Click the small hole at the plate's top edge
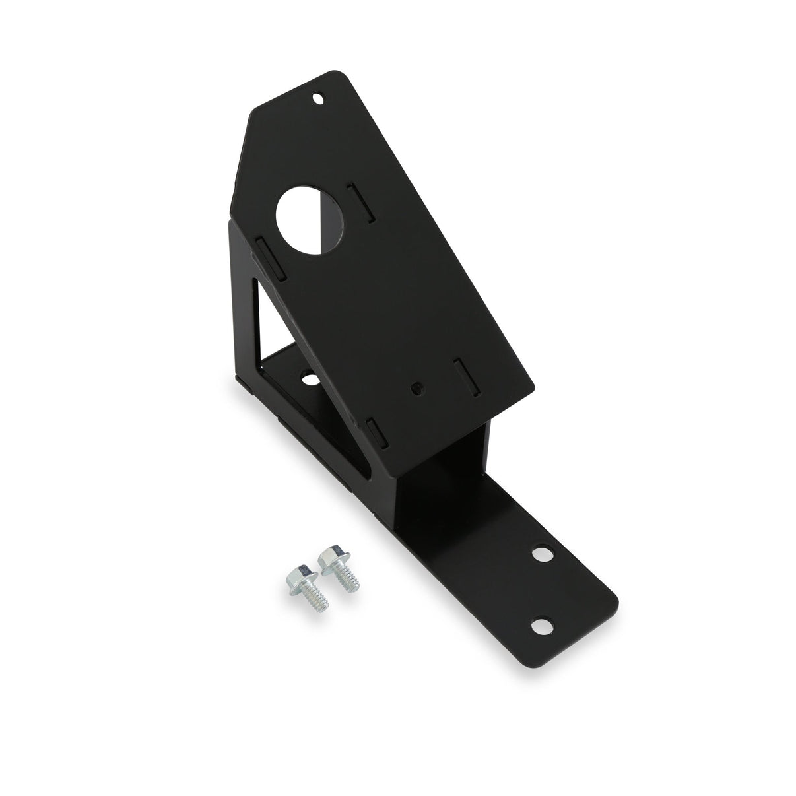319,99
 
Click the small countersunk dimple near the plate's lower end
415,389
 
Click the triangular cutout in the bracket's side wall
272,330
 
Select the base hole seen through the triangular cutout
308,380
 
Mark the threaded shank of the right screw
345,581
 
